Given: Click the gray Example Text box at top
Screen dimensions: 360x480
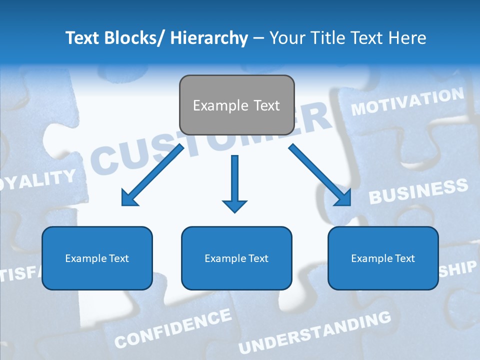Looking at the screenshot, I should pyautogui.click(x=236, y=105).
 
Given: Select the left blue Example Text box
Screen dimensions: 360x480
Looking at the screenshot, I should pyautogui.click(x=97, y=258).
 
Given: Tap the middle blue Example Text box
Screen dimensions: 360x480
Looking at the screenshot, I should pyautogui.click(x=236, y=258).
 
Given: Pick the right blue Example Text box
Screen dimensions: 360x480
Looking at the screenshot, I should pyautogui.click(x=383, y=258).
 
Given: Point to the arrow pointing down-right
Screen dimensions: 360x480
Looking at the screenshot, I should pyautogui.click(x=320, y=175).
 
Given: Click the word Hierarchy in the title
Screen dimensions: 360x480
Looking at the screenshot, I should pyautogui.click(x=209, y=38).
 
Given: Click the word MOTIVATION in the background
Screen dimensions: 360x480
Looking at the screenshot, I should pyautogui.click(x=407, y=101).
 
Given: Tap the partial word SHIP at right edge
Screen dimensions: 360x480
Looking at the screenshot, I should pyautogui.click(x=458, y=268).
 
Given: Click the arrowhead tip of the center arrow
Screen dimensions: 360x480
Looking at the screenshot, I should pyautogui.click(x=234, y=211).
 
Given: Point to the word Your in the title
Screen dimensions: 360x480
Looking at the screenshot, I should pyautogui.click(x=286, y=38).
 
